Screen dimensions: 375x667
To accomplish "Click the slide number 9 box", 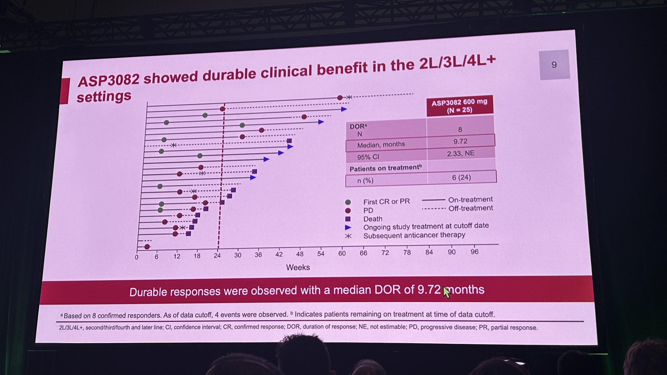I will (554, 65).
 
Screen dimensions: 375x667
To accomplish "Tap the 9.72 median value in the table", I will (460, 141).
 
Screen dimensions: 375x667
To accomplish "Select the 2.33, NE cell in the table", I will (461, 153).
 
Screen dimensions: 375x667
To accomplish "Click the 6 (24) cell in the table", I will (461, 177).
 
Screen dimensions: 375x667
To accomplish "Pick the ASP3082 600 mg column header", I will (460, 106).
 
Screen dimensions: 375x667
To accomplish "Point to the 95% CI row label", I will (368, 157).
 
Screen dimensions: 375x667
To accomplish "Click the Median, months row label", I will (381, 145).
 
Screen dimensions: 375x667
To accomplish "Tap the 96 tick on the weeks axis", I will (475, 252).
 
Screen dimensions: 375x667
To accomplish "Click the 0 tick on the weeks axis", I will (136, 257).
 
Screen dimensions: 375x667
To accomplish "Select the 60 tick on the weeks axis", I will (342, 254).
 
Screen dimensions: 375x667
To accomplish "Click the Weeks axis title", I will (298, 268).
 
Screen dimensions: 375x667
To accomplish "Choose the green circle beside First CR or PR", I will (348, 202).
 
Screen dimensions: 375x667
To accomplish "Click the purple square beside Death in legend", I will (348, 219).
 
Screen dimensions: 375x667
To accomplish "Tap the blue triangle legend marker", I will (348, 228).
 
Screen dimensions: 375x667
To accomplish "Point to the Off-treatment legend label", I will (470, 208).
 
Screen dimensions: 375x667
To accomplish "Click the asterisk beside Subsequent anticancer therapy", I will (348, 236).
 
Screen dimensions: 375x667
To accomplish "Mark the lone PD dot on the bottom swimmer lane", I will (147, 247).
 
